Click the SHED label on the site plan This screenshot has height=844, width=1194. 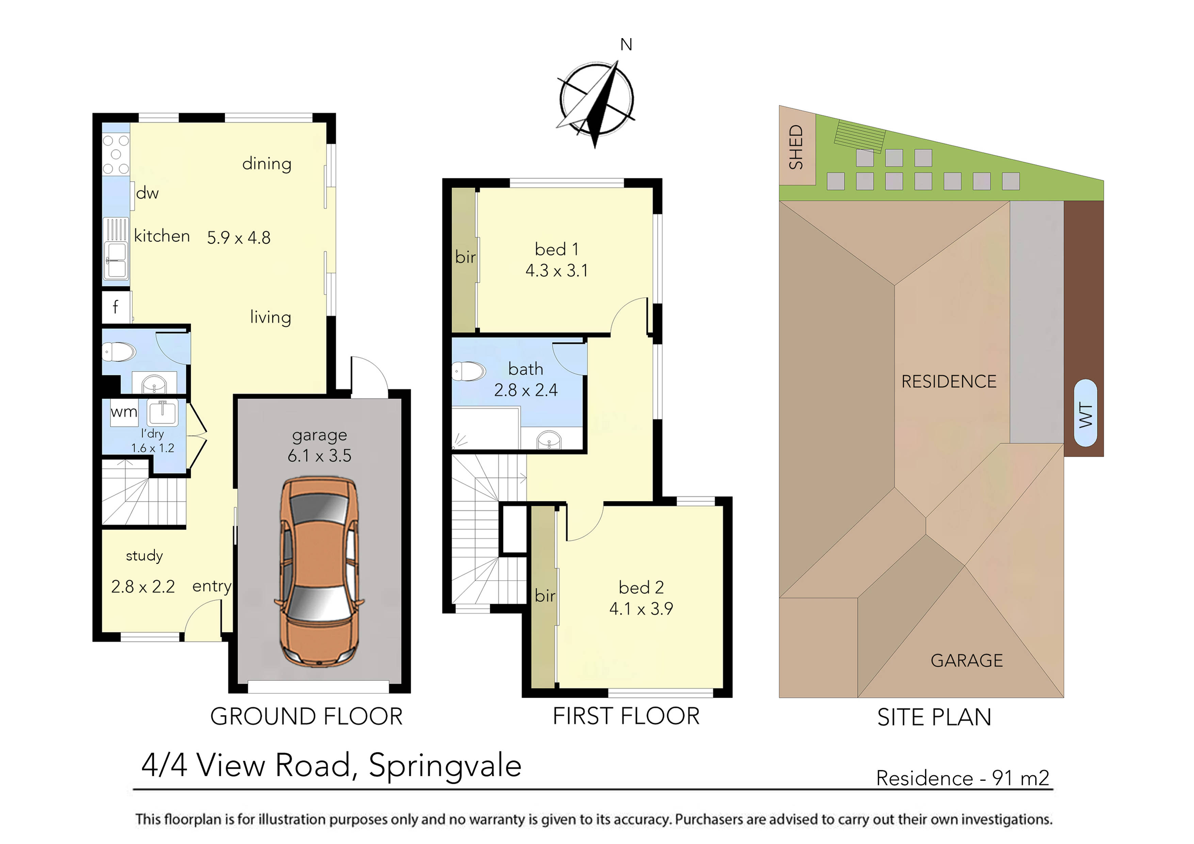click(x=796, y=147)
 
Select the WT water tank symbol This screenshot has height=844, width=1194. click(x=1086, y=413)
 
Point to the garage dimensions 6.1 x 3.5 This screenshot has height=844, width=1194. click(x=319, y=456)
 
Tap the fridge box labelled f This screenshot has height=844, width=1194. click(x=115, y=307)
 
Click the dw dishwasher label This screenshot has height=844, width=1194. click(x=147, y=193)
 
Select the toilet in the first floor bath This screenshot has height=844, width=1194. click(x=469, y=371)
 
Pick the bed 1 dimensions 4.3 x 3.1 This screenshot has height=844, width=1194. click(x=556, y=271)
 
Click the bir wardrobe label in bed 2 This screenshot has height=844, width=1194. click(x=545, y=596)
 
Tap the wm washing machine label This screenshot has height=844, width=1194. click(x=124, y=412)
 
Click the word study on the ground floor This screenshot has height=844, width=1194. click(x=144, y=555)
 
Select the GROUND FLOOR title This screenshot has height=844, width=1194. click(x=306, y=717)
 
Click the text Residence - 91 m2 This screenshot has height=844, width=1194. click(x=963, y=778)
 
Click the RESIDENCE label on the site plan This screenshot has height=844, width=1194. click(x=949, y=382)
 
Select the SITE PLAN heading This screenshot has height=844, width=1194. click(x=934, y=718)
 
